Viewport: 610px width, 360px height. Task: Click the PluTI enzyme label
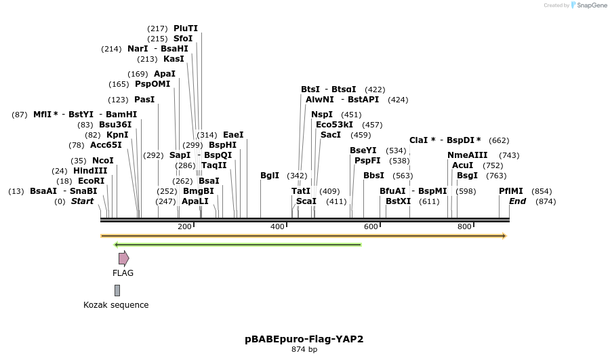tap(186, 28)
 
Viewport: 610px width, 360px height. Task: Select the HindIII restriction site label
tap(90, 171)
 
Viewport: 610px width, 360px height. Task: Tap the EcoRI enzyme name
tap(91, 181)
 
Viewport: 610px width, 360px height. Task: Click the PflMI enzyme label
tap(511, 191)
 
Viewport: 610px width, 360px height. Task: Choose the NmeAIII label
tap(467, 155)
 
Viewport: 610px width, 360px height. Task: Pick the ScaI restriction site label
tap(306, 201)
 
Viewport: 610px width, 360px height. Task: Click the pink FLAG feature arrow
tap(123, 258)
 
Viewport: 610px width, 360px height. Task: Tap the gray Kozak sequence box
tap(117, 290)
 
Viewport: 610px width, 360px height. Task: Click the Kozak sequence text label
tap(116, 305)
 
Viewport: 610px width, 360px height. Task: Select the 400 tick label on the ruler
tap(277, 226)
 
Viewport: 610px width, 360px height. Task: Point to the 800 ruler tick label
tap(464, 226)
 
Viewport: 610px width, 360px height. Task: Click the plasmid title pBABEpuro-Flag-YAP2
tap(304, 338)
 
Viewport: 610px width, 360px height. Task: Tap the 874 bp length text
tap(304, 350)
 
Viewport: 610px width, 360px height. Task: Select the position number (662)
tap(499, 140)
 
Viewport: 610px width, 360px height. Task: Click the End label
tap(518, 201)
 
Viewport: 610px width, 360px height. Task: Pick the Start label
tap(83, 201)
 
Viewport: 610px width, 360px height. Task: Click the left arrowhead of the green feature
tap(117, 245)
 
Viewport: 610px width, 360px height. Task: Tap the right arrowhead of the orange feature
tap(504, 236)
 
